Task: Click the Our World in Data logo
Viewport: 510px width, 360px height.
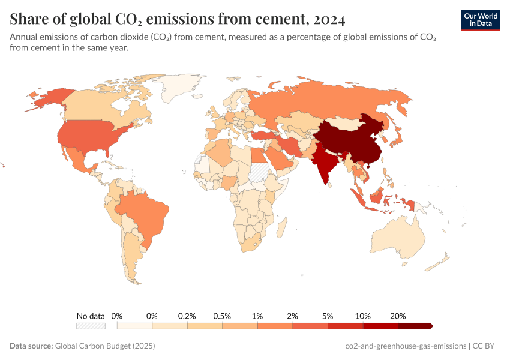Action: coord(481,20)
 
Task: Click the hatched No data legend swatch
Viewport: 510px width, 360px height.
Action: coord(91,326)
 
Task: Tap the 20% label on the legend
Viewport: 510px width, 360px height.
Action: coord(398,316)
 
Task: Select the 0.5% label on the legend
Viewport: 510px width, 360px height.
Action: coord(222,316)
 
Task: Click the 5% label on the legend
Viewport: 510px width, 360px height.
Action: coord(328,316)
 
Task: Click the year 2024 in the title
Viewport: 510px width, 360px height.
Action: coord(329,19)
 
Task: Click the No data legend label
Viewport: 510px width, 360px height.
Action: coord(91,316)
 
